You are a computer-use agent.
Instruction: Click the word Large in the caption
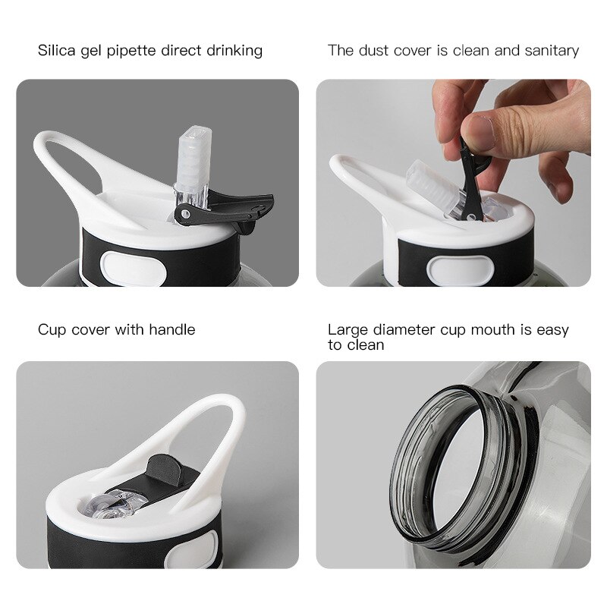346,330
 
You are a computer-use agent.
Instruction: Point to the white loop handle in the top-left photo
61,156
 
